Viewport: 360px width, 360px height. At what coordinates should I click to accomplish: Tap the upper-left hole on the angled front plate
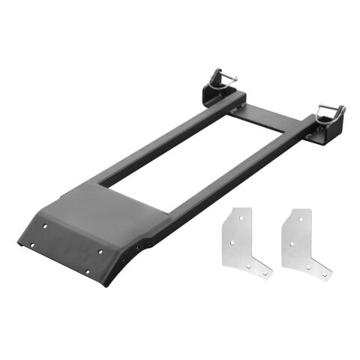click(46, 223)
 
